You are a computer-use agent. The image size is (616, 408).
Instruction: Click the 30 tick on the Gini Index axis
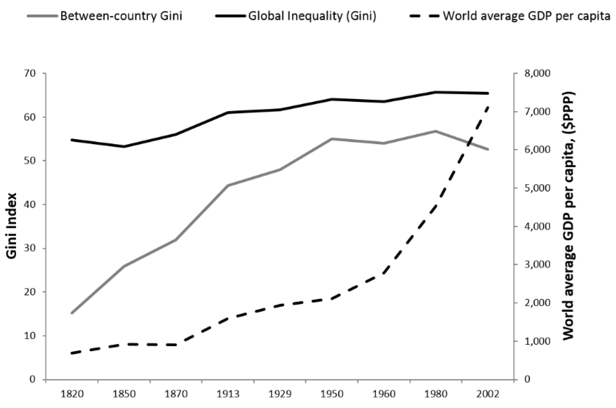tap(30, 248)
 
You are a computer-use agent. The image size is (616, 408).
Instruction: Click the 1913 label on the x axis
tap(228, 394)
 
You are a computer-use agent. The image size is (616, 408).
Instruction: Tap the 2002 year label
tap(488, 394)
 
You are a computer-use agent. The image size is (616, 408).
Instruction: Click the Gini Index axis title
tap(12, 226)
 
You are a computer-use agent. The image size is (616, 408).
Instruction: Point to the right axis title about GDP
tap(569, 216)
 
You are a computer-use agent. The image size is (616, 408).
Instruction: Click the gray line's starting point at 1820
tap(72, 313)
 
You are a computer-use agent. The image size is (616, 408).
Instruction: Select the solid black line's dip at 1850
tap(124, 147)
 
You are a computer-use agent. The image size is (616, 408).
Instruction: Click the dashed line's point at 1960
tap(384, 274)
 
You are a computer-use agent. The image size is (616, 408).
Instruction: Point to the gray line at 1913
tap(228, 185)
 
